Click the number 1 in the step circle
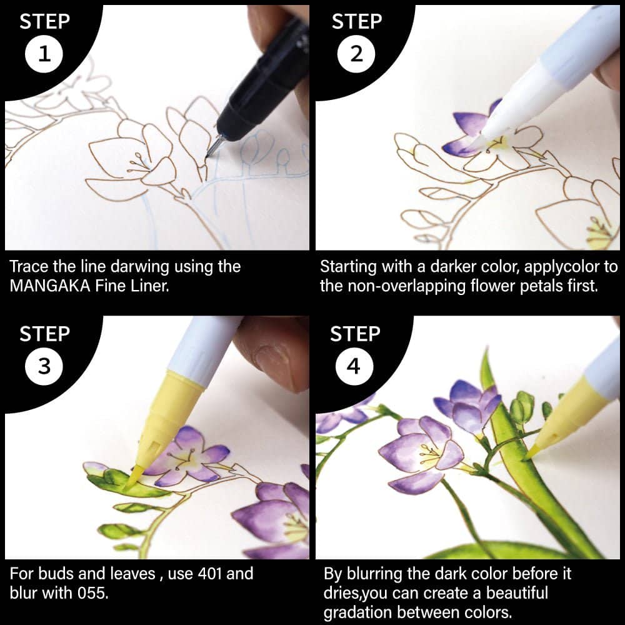tap(44, 54)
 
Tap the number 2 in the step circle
tap(356, 54)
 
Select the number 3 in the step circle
tap(44, 366)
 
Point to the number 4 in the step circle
tap(354, 366)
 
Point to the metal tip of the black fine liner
tap(212, 147)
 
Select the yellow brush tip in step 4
tap(534, 451)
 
